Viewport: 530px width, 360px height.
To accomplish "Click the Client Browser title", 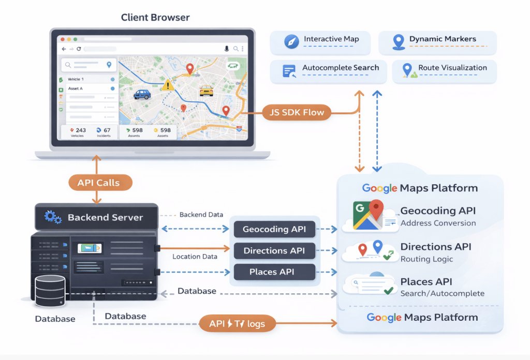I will [x=155, y=18].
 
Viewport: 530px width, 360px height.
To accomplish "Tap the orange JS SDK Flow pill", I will [x=297, y=112].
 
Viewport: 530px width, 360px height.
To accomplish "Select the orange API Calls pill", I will [x=98, y=183].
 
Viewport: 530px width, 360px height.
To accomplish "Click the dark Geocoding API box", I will [x=274, y=229].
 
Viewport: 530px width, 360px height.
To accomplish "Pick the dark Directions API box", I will [x=274, y=251].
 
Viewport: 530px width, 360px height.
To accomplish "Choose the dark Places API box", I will [x=274, y=272].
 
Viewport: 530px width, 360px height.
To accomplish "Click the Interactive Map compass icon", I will [x=292, y=42].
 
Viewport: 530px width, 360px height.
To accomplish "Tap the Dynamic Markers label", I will [x=443, y=39].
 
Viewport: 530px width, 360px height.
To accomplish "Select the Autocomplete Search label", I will [x=341, y=68].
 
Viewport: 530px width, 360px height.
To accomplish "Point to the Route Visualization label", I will [x=452, y=68].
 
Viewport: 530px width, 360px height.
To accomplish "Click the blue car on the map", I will [x=142, y=94].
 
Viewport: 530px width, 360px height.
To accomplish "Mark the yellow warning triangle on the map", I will [x=168, y=85].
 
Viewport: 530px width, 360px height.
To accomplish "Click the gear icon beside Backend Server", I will [x=53, y=217].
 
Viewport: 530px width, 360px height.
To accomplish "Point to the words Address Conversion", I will [x=438, y=223].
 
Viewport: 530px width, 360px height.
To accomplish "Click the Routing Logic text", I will [x=426, y=259].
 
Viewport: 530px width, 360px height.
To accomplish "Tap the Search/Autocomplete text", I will [x=442, y=293].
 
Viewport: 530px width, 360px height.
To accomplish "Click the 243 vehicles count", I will [x=78, y=130].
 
